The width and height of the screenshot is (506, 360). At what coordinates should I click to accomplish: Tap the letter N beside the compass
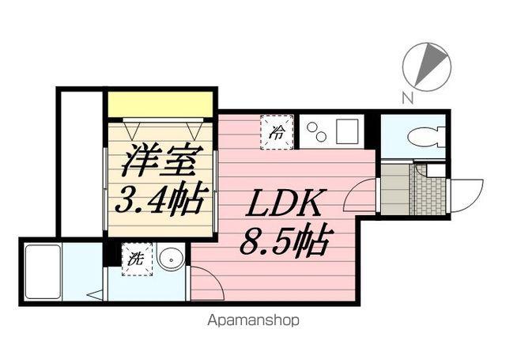click(x=407, y=98)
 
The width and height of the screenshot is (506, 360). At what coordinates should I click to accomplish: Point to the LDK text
click(x=283, y=207)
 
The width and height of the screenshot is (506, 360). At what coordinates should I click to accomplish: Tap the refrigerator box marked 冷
click(x=278, y=129)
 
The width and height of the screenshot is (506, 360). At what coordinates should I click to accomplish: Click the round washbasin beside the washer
click(x=169, y=257)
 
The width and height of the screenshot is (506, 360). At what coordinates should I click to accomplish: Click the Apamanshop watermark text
click(x=254, y=320)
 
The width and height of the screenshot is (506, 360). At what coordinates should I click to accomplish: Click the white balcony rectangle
click(x=81, y=163)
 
